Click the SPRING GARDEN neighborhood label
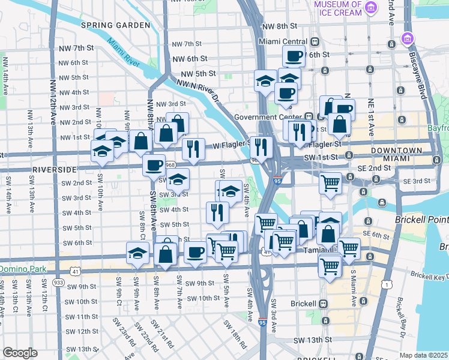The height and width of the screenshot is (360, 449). pos(115,25)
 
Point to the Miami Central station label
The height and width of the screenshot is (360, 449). pos(282,41)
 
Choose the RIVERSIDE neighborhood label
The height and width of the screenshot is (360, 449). pos(54,170)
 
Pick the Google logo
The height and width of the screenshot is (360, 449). pos(20,353)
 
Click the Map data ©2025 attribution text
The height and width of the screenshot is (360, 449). pos(423,355)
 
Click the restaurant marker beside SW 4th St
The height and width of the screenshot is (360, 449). pos(217,211)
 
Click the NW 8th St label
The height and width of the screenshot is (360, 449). pos(280,26)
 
